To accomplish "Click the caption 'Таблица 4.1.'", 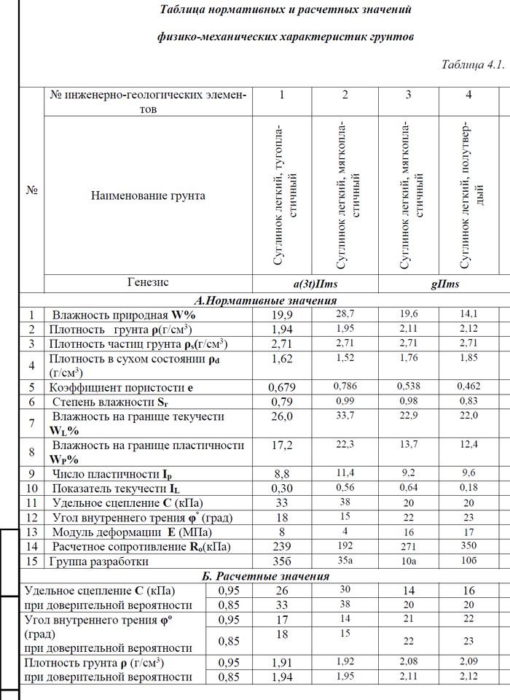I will click(x=472, y=65).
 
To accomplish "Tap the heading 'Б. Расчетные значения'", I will click(x=265, y=577).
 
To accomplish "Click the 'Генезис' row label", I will click(x=148, y=283).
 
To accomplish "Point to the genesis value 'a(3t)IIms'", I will click(x=282, y=284).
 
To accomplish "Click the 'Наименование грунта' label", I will click(x=148, y=195).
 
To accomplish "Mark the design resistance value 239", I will click(x=282, y=546).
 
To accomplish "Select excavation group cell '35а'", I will click(x=345, y=561).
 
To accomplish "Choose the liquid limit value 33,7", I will click(x=345, y=416).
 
